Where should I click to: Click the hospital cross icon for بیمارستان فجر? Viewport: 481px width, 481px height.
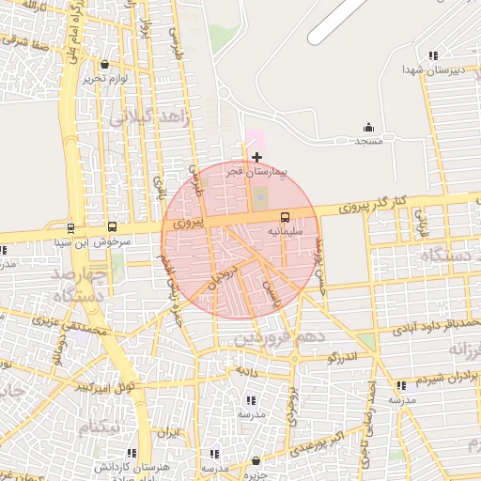[256, 156]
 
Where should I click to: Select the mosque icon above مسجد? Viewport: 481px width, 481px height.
[368, 128]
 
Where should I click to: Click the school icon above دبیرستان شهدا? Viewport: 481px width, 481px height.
[432, 56]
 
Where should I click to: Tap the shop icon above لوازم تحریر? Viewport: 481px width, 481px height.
[103, 66]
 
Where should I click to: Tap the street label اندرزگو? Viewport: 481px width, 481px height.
[343, 358]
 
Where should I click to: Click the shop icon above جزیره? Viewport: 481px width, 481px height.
[256, 460]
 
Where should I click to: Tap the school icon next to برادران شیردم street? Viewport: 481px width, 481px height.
[402, 385]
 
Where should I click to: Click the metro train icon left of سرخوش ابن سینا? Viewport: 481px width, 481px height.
[70, 227]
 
